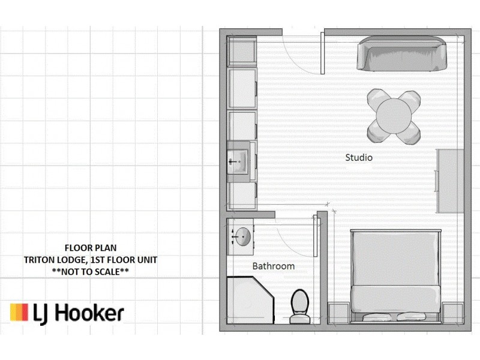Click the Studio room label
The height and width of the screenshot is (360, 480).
point(359,158)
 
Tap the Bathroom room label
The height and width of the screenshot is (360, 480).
point(273,266)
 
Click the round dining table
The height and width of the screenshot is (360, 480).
point(394,115)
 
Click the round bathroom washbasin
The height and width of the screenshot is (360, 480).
point(242,236)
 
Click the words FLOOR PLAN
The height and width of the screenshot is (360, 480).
point(91,247)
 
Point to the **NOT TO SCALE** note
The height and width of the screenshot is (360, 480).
point(91,272)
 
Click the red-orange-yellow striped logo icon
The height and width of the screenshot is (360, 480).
point(19,313)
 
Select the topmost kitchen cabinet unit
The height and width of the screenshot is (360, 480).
point(242,50)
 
